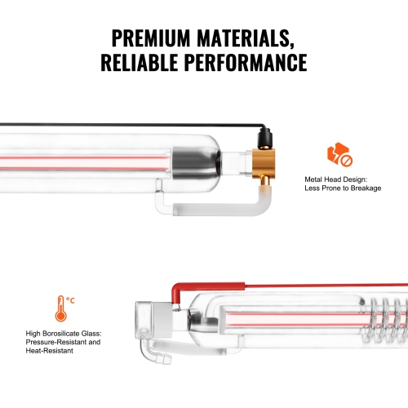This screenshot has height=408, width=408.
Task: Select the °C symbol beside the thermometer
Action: (71, 300)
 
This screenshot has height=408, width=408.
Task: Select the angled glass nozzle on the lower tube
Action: (155, 357)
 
